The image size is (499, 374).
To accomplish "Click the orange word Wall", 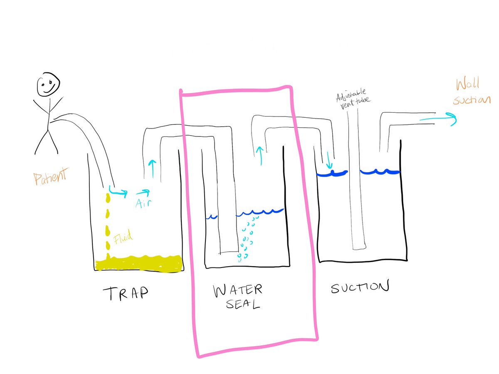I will tap(467, 84).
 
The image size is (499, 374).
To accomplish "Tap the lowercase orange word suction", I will tap(472, 100).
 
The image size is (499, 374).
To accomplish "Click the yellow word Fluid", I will tap(124, 238).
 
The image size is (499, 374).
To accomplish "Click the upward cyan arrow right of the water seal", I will tap(260, 155).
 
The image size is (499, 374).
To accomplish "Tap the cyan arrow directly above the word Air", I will tap(142, 192).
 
